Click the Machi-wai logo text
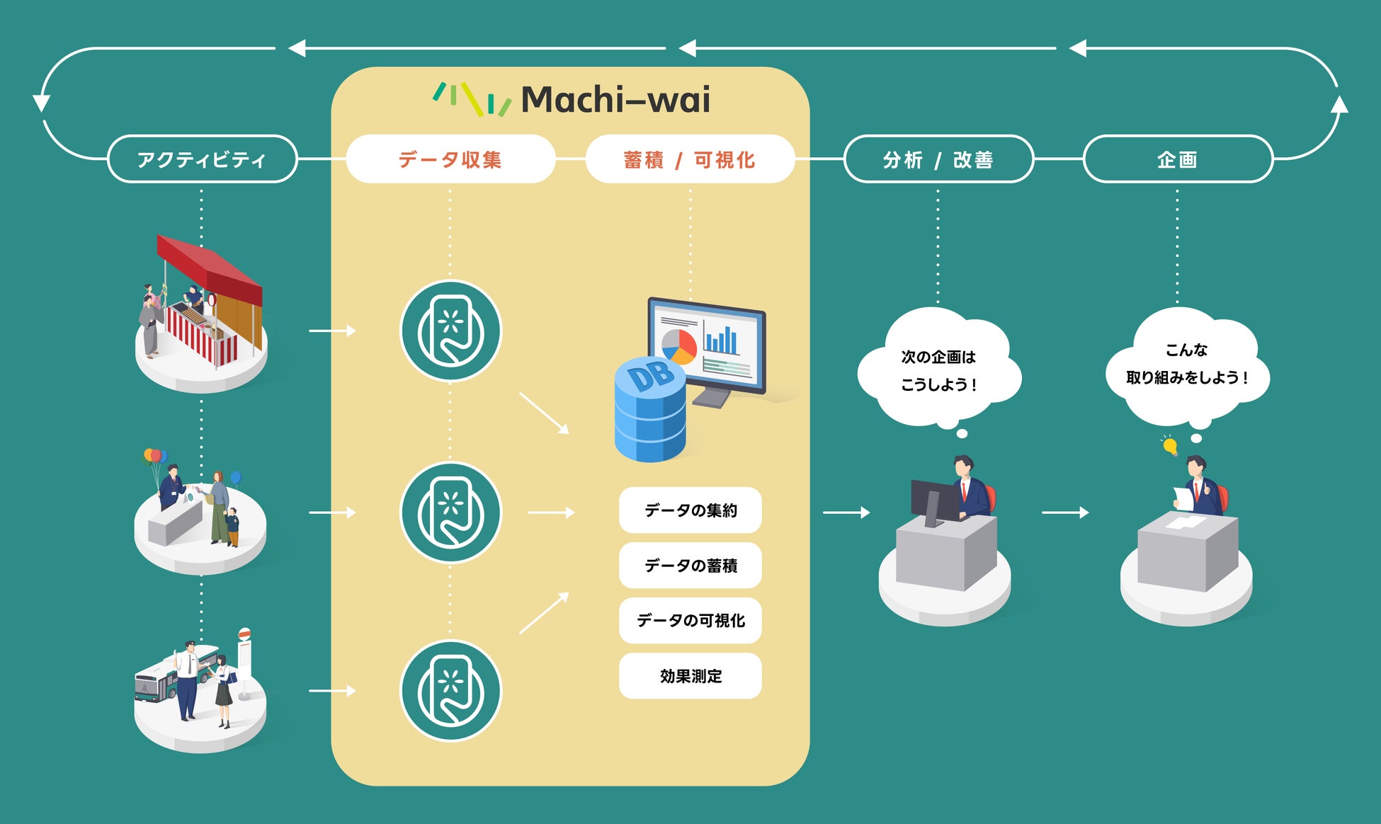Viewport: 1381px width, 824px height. click(x=615, y=100)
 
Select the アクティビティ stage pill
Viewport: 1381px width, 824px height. click(x=202, y=159)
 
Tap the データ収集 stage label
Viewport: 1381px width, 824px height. click(x=450, y=159)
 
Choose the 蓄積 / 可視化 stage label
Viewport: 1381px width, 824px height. click(x=690, y=159)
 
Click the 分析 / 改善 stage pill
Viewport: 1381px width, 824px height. click(x=938, y=159)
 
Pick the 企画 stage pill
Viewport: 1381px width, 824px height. click(x=1178, y=159)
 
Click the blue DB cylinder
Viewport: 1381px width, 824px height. click(x=649, y=411)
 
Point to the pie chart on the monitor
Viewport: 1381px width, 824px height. click(x=679, y=345)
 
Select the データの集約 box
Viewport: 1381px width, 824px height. click(x=690, y=510)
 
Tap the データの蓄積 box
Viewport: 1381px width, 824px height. click(x=690, y=565)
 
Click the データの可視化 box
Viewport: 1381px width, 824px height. click(x=690, y=620)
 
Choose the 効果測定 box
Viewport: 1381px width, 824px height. click(x=690, y=676)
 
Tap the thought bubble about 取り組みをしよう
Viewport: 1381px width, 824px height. click(x=1187, y=364)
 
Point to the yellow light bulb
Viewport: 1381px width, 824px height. click(x=1170, y=446)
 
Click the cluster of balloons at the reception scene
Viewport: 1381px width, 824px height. click(x=155, y=457)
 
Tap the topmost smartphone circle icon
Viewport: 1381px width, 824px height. click(x=450, y=331)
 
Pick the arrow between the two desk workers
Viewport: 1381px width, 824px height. click(x=1064, y=512)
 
